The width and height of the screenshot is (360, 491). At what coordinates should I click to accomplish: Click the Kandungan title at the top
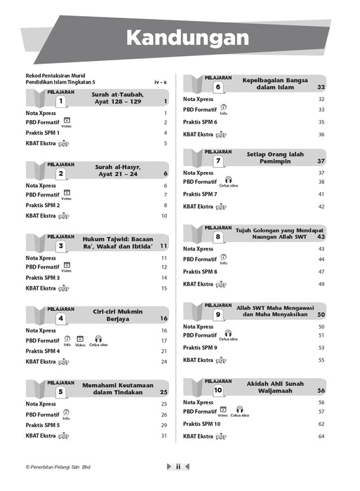point(180,36)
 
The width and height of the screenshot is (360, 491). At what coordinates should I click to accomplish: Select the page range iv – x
point(161,83)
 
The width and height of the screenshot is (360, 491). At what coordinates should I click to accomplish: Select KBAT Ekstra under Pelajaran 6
point(199,134)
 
